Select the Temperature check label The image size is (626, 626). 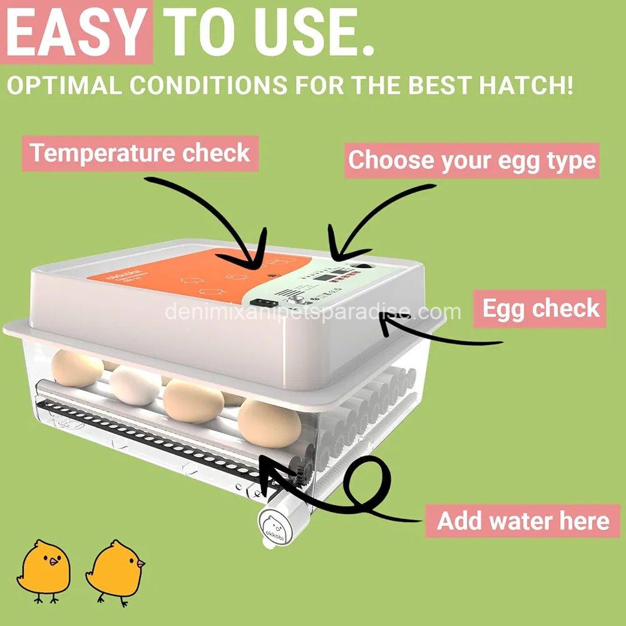tap(140, 153)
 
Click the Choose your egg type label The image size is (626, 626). tap(471, 160)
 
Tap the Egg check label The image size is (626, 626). tap(540, 308)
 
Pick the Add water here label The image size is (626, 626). tap(523, 520)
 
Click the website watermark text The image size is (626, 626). tap(313, 311)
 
